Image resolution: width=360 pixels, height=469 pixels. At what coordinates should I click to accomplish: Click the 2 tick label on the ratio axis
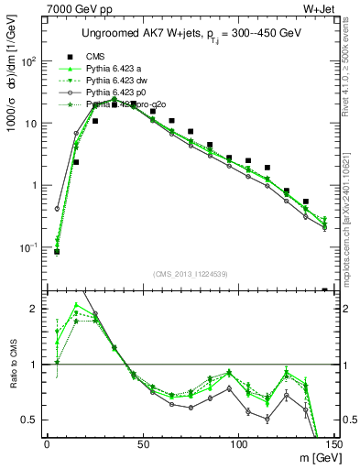35,309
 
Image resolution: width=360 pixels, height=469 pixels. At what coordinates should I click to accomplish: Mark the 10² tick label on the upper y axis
28,61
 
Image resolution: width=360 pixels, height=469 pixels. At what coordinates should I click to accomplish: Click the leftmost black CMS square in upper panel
57,251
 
